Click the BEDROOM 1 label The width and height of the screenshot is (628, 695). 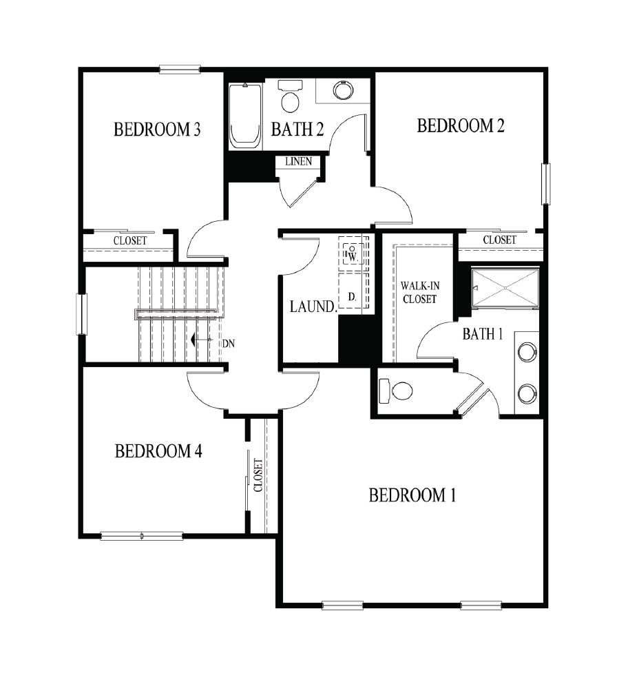pyautogui.click(x=412, y=495)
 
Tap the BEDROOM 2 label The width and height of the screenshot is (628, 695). pyautogui.click(x=461, y=126)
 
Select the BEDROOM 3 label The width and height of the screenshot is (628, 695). pyautogui.click(x=157, y=129)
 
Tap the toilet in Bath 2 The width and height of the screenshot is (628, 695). pyautogui.click(x=291, y=97)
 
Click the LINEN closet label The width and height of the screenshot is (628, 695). pyautogui.click(x=298, y=162)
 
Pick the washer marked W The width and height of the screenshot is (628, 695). pyautogui.click(x=353, y=253)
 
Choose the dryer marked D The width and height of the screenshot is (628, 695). pyautogui.click(x=352, y=296)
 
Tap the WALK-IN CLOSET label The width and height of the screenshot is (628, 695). pyautogui.click(x=420, y=291)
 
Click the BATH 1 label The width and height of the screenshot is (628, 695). pyautogui.click(x=483, y=334)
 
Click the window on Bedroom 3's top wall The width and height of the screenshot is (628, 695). pyautogui.click(x=179, y=68)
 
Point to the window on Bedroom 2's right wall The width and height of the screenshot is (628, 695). pyautogui.click(x=546, y=183)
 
